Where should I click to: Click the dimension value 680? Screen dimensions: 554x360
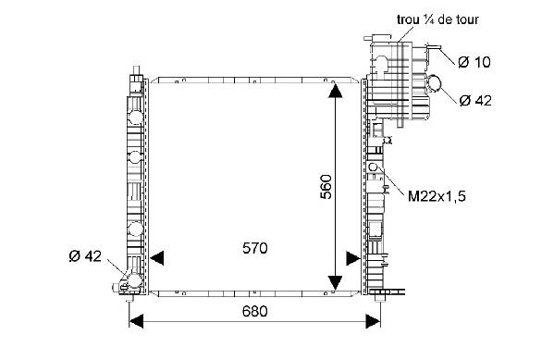tap(254, 311)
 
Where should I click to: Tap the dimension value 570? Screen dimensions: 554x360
tap(254, 248)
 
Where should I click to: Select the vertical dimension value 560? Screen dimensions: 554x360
tap(326, 187)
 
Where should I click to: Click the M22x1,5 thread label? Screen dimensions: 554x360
tap(437, 196)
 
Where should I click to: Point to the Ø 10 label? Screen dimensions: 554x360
tap(474, 62)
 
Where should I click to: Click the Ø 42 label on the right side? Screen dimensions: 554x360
tap(475, 101)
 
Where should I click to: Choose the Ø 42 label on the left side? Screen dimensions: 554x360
tap(85, 256)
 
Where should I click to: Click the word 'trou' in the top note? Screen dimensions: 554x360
tap(408, 19)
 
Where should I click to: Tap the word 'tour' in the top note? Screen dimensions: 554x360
tap(467, 19)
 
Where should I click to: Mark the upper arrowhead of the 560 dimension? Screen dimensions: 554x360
tap(335, 91)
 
